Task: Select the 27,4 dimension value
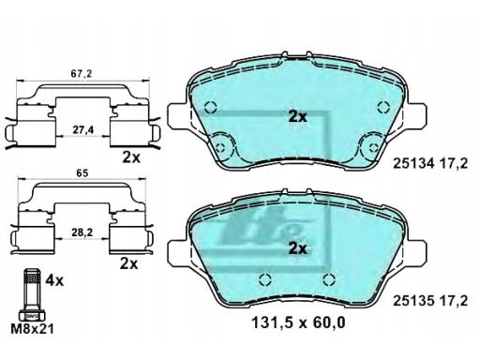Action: point(83,130)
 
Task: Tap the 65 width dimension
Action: point(82,173)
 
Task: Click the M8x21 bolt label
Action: point(32,328)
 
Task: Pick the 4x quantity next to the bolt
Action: point(54,281)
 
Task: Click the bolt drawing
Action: point(32,294)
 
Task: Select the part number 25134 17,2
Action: point(430,163)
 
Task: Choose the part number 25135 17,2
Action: point(430,301)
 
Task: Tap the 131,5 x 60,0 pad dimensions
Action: point(298,322)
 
